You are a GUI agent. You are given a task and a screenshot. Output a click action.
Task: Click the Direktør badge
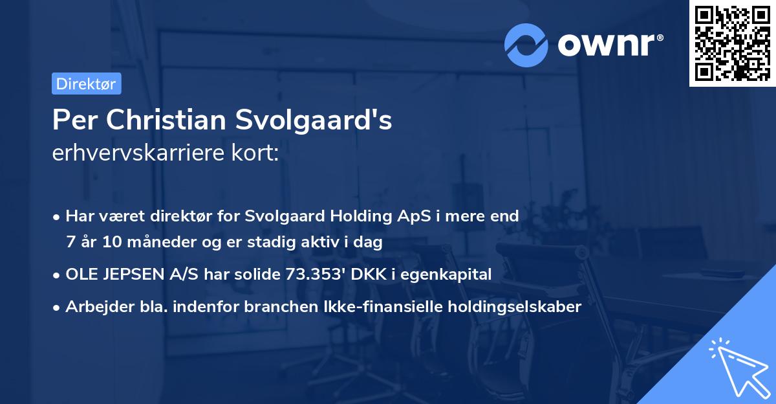tap(86, 84)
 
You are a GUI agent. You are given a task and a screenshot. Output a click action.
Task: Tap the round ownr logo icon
tap(526, 44)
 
